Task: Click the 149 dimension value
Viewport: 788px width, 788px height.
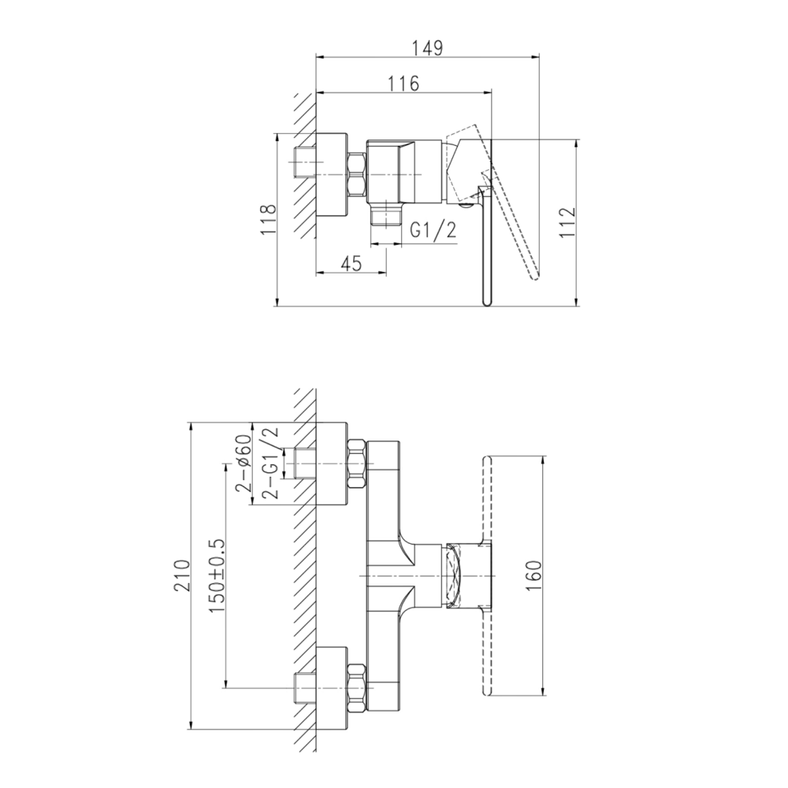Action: (428, 48)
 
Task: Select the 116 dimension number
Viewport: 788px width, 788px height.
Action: (403, 84)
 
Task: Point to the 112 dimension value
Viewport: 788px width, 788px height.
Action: (567, 224)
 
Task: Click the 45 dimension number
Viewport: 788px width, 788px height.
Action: (351, 263)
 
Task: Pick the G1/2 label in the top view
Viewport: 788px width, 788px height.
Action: (433, 230)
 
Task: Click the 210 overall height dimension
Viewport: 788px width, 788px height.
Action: (182, 575)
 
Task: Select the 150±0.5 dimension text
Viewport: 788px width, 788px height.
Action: (217, 575)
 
